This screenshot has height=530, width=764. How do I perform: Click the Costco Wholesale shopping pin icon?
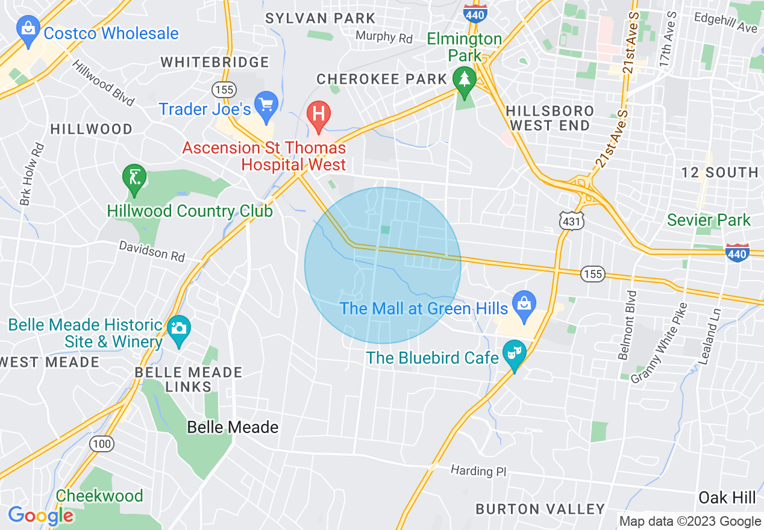[28, 30]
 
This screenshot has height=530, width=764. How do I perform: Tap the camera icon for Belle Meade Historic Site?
[179, 329]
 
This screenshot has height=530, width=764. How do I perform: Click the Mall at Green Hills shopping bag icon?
[524, 304]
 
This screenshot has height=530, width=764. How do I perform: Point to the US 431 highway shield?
[568, 221]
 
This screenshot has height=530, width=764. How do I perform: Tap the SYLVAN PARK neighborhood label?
[320, 19]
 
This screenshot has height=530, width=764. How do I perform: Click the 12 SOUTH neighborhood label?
[719, 173]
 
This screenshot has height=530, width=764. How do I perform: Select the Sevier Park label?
[709, 220]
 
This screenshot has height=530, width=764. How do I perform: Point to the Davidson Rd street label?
[151, 251]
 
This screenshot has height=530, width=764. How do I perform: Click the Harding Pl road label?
[479, 470]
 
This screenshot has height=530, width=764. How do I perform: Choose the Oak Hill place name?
[727, 497]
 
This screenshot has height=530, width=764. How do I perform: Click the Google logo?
[40, 516]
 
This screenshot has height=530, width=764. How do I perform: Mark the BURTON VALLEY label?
[540, 510]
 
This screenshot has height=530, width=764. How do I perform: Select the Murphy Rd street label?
[384, 37]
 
